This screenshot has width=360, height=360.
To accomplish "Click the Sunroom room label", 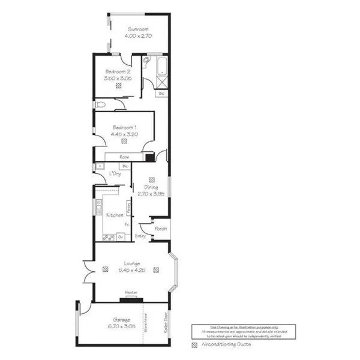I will [137, 29].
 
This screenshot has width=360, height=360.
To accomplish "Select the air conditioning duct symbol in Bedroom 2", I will [119, 86].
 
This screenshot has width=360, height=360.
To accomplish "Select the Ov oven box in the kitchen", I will [120, 236].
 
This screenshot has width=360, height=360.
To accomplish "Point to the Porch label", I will [160, 229].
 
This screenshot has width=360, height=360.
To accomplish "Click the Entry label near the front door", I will [141, 236].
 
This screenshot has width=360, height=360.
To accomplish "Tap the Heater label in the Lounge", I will [130, 292].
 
